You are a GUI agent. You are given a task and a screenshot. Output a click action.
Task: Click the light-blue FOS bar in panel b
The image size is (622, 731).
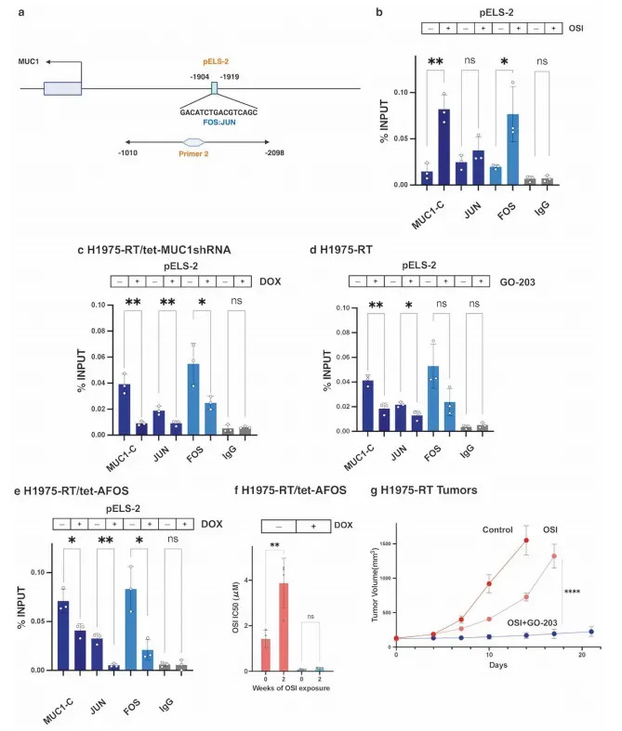[x=510, y=149]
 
